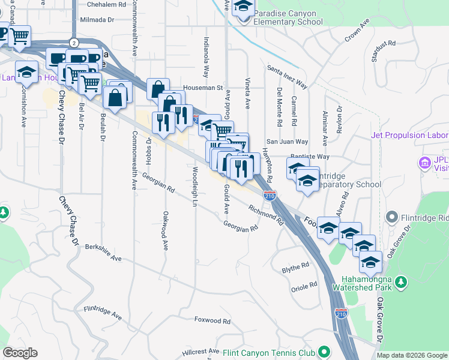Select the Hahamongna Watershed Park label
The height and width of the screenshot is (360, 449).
[366, 283]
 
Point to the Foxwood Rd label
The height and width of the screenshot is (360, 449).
[212, 321]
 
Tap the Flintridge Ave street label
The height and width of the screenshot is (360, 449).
[103, 313]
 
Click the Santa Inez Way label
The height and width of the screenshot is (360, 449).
[287, 77]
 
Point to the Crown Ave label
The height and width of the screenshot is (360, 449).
[356, 34]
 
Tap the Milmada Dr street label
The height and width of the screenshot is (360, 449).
[100, 20]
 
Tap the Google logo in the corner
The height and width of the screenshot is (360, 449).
[20, 353]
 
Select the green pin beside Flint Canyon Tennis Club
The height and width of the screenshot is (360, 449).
[324, 351]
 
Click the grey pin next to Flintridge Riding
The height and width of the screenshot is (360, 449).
[393, 216]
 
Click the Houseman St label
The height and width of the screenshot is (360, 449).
[203, 87]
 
